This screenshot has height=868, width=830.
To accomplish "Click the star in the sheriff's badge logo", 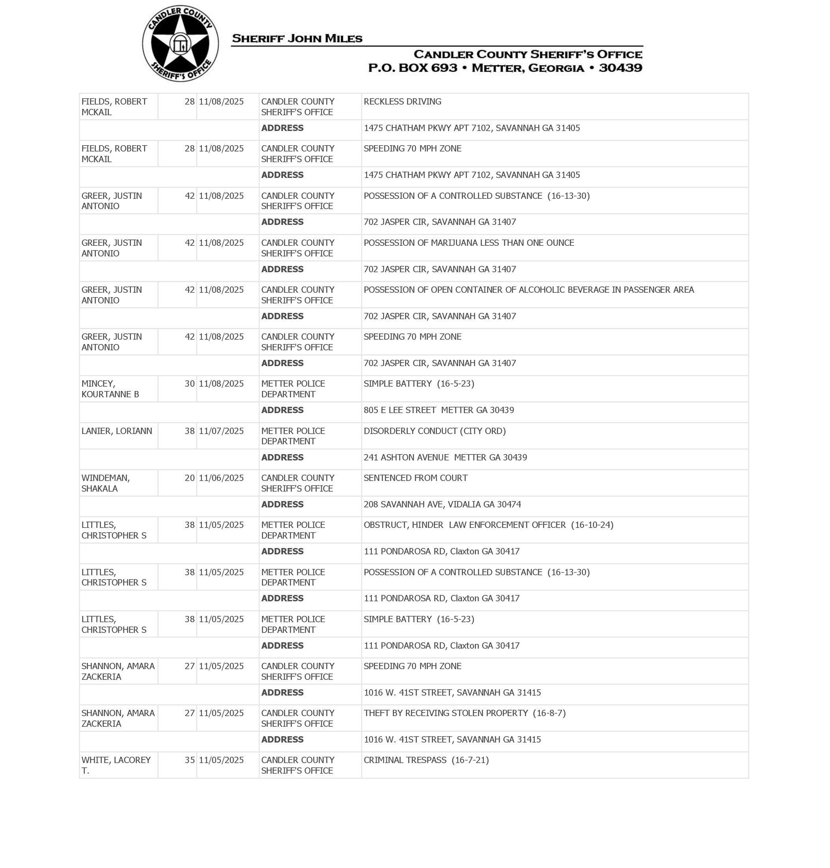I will pyautogui.click(x=180, y=44).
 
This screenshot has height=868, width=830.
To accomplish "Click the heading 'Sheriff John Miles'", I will pyautogui.click(x=297, y=39).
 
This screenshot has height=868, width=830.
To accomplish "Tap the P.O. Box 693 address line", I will pyautogui.click(x=505, y=68).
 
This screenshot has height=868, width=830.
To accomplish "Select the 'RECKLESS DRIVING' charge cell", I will pyautogui.click(x=402, y=102).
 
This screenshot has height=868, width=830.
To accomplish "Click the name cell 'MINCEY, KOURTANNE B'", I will pyautogui.click(x=110, y=389).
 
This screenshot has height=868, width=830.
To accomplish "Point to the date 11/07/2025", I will pyautogui.click(x=221, y=431).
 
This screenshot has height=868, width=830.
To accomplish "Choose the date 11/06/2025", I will pyautogui.click(x=221, y=478).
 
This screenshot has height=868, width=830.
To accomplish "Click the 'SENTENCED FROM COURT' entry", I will pyautogui.click(x=416, y=478).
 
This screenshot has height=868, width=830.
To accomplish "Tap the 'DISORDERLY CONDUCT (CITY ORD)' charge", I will pyautogui.click(x=435, y=431).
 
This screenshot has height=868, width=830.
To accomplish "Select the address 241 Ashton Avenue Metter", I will pyautogui.click(x=445, y=457).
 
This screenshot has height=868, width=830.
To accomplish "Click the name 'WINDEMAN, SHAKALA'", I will pyautogui.click(x=106, y=483).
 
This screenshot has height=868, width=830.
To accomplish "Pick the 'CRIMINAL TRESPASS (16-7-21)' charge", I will pyautogui.click(x=426, y=760).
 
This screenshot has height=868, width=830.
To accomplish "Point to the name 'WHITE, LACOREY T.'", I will pyautogui.click(x=116, y=765).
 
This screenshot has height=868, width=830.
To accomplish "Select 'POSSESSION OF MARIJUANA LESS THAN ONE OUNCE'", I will pyautogui.click(x=468, y=243).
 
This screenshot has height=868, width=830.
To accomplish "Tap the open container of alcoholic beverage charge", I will pyautogui.click(x=529, y=290).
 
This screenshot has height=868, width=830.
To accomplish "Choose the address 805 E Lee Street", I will pyautogui.click(x=438, y=410).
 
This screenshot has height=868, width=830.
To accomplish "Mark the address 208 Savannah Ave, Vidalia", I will pyautogui.click(x=442, y=504).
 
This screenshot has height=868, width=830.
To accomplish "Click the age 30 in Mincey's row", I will pyautogui.click(x=189, y=384).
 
